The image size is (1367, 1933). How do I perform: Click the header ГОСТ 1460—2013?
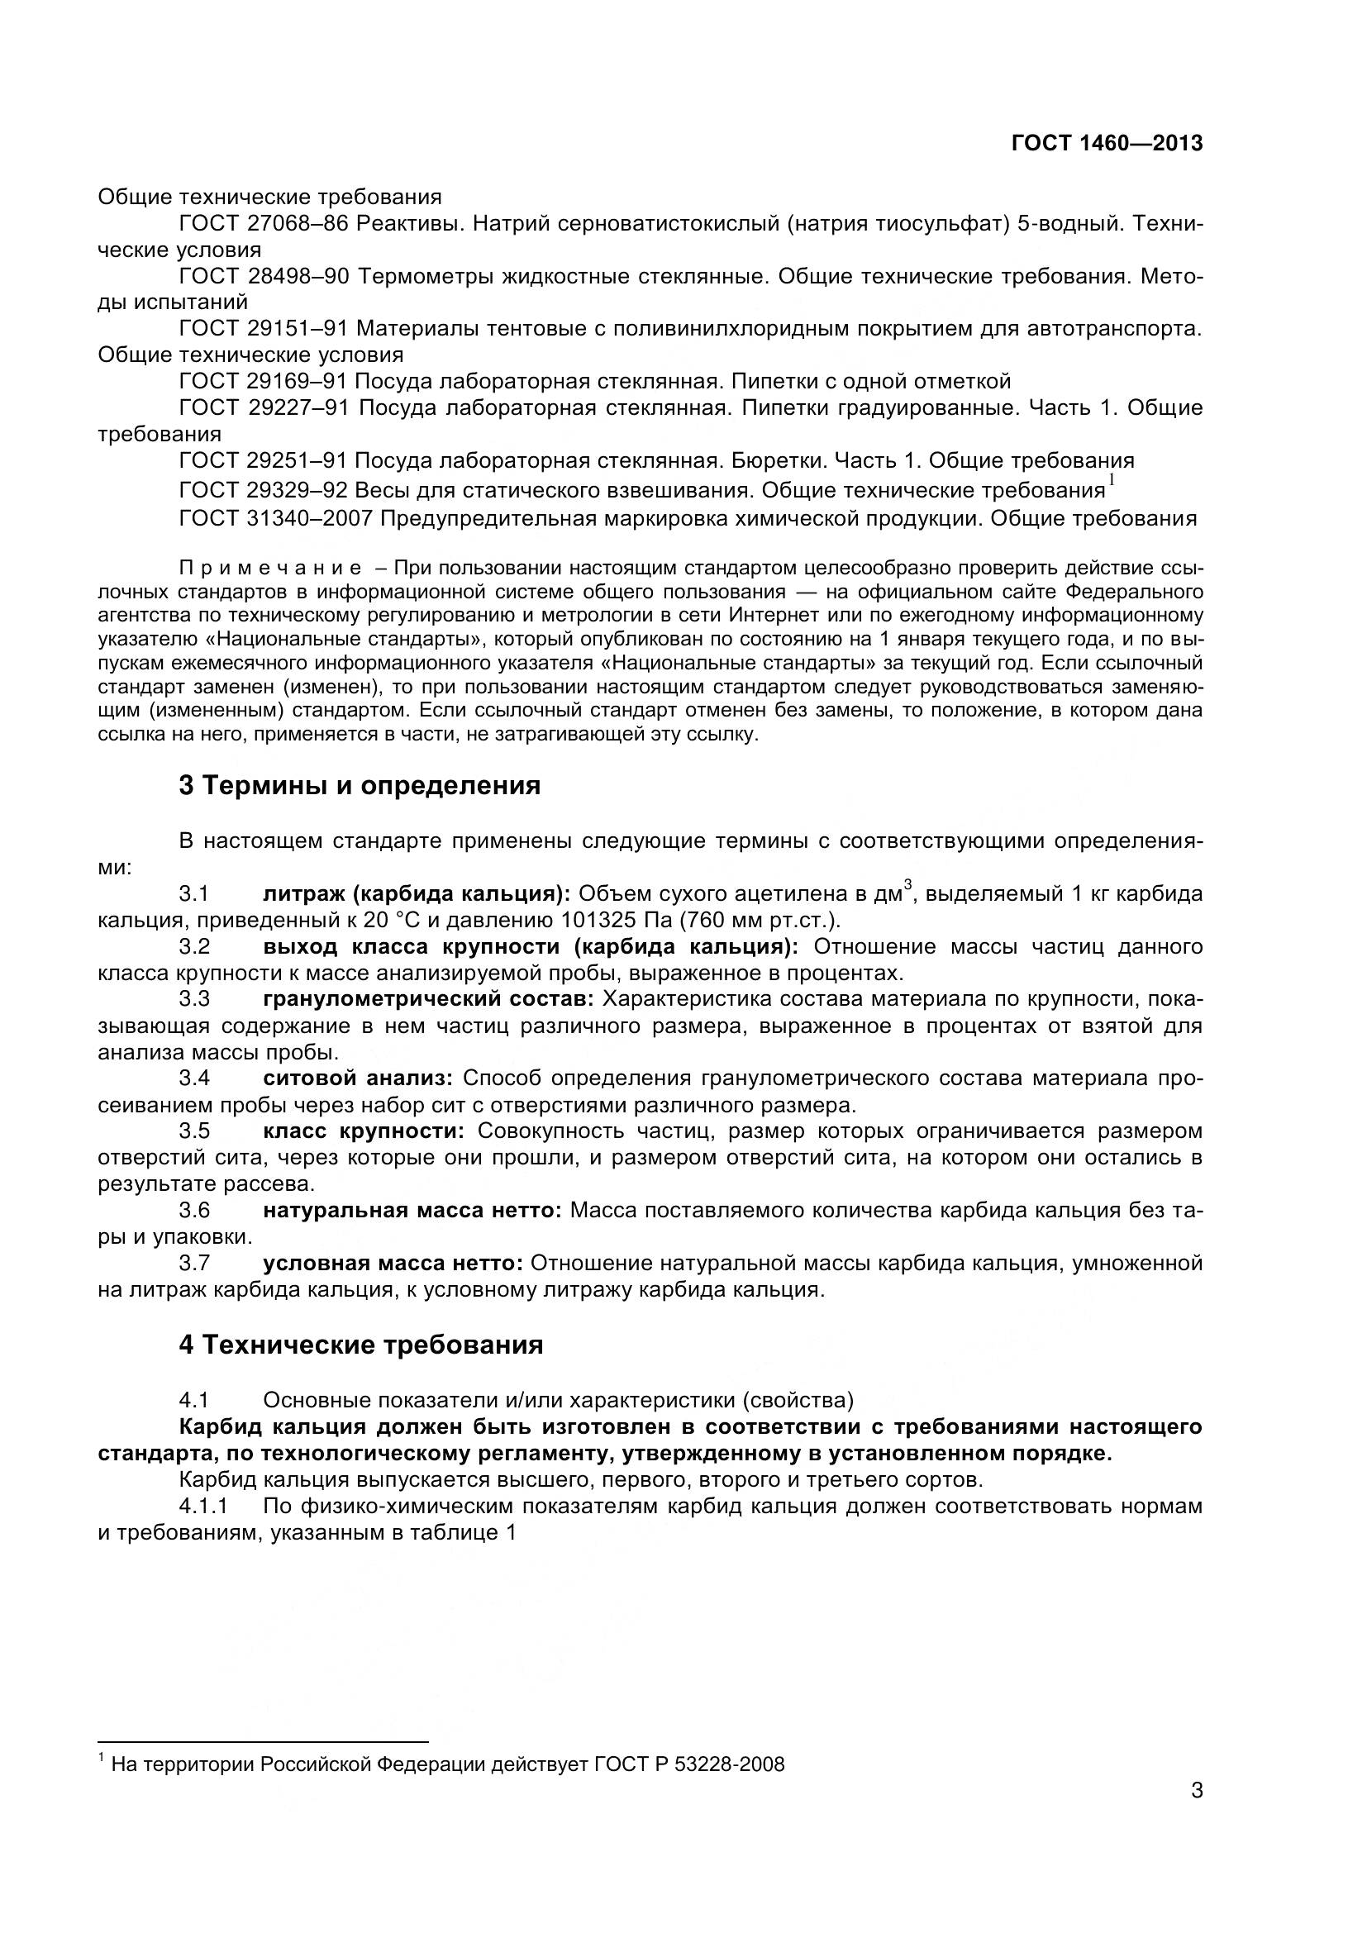[1106, 143]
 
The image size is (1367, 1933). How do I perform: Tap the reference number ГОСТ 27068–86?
[264, 224]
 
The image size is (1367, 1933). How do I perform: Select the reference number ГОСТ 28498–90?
[264, 276]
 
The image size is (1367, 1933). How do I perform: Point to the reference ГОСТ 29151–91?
[264, 328]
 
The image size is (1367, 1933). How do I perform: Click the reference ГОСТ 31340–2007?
[275, 518]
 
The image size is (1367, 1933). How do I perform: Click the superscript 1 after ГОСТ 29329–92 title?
[1111, 480]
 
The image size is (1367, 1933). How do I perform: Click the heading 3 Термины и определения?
[360, 785]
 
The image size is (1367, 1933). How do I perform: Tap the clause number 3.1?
[194, 893]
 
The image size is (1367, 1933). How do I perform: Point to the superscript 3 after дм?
[907, 884]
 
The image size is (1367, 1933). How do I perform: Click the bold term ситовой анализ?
[358, 1078]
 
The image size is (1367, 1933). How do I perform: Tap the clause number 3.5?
[194, 1131]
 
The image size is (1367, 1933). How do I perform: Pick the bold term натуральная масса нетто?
[412, 1210]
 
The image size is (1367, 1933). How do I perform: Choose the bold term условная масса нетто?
[393, 1263]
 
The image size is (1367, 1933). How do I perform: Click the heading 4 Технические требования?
[360, 1345]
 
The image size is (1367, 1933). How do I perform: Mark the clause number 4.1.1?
[202, 1505]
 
